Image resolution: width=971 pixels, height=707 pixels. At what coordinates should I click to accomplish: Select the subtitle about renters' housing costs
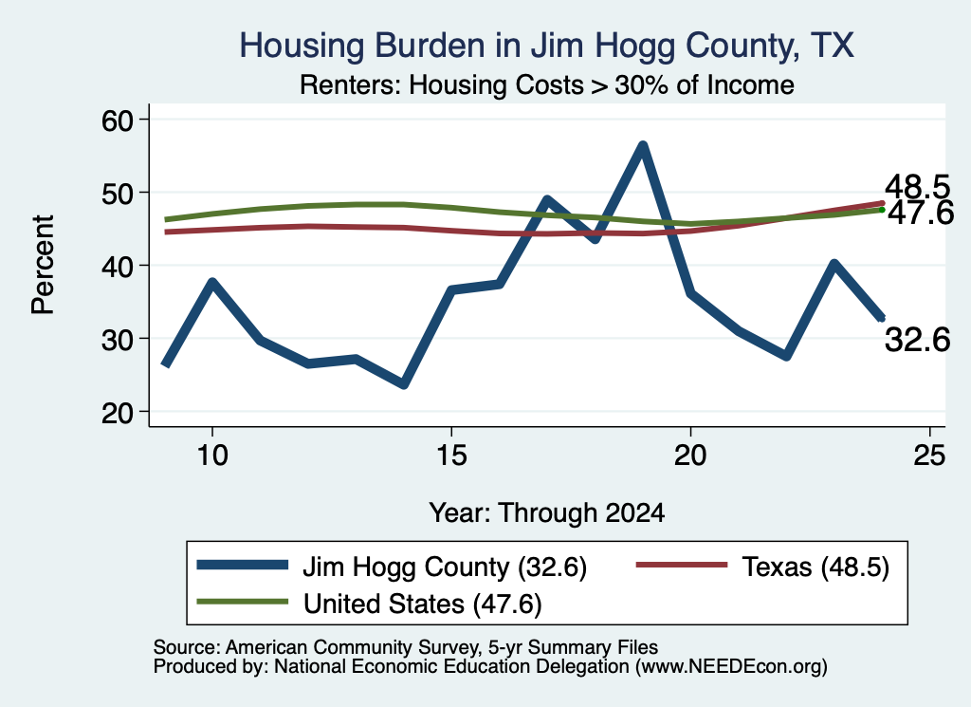[547, 84]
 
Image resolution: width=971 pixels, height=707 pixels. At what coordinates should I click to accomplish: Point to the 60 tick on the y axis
[118, 120]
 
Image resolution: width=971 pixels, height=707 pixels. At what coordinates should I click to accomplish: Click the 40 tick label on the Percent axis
[118, 266]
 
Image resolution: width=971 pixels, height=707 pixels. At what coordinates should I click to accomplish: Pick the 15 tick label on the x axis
[451, 456]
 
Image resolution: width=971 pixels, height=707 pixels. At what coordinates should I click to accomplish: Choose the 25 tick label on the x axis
[929, 456]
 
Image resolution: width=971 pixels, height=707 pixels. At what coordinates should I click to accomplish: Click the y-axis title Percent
[43, 265]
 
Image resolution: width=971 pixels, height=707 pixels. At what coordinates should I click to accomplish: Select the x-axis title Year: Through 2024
[547, 513]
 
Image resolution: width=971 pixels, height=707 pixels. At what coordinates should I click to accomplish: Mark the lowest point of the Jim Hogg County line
[404, 384]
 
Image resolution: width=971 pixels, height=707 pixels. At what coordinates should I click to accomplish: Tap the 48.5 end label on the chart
[917, 187]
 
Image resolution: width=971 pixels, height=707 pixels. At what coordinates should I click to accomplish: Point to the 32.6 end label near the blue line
[917, 340]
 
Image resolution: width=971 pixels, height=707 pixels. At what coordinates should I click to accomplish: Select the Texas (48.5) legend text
[815, 567]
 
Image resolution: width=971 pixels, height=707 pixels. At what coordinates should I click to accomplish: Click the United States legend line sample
[242, 602]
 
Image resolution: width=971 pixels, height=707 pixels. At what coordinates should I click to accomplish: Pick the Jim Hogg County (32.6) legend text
[445, 567]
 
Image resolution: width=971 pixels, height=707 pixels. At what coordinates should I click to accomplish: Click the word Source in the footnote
[184, 647]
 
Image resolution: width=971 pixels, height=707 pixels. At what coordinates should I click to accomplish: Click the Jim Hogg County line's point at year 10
[212, 283]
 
